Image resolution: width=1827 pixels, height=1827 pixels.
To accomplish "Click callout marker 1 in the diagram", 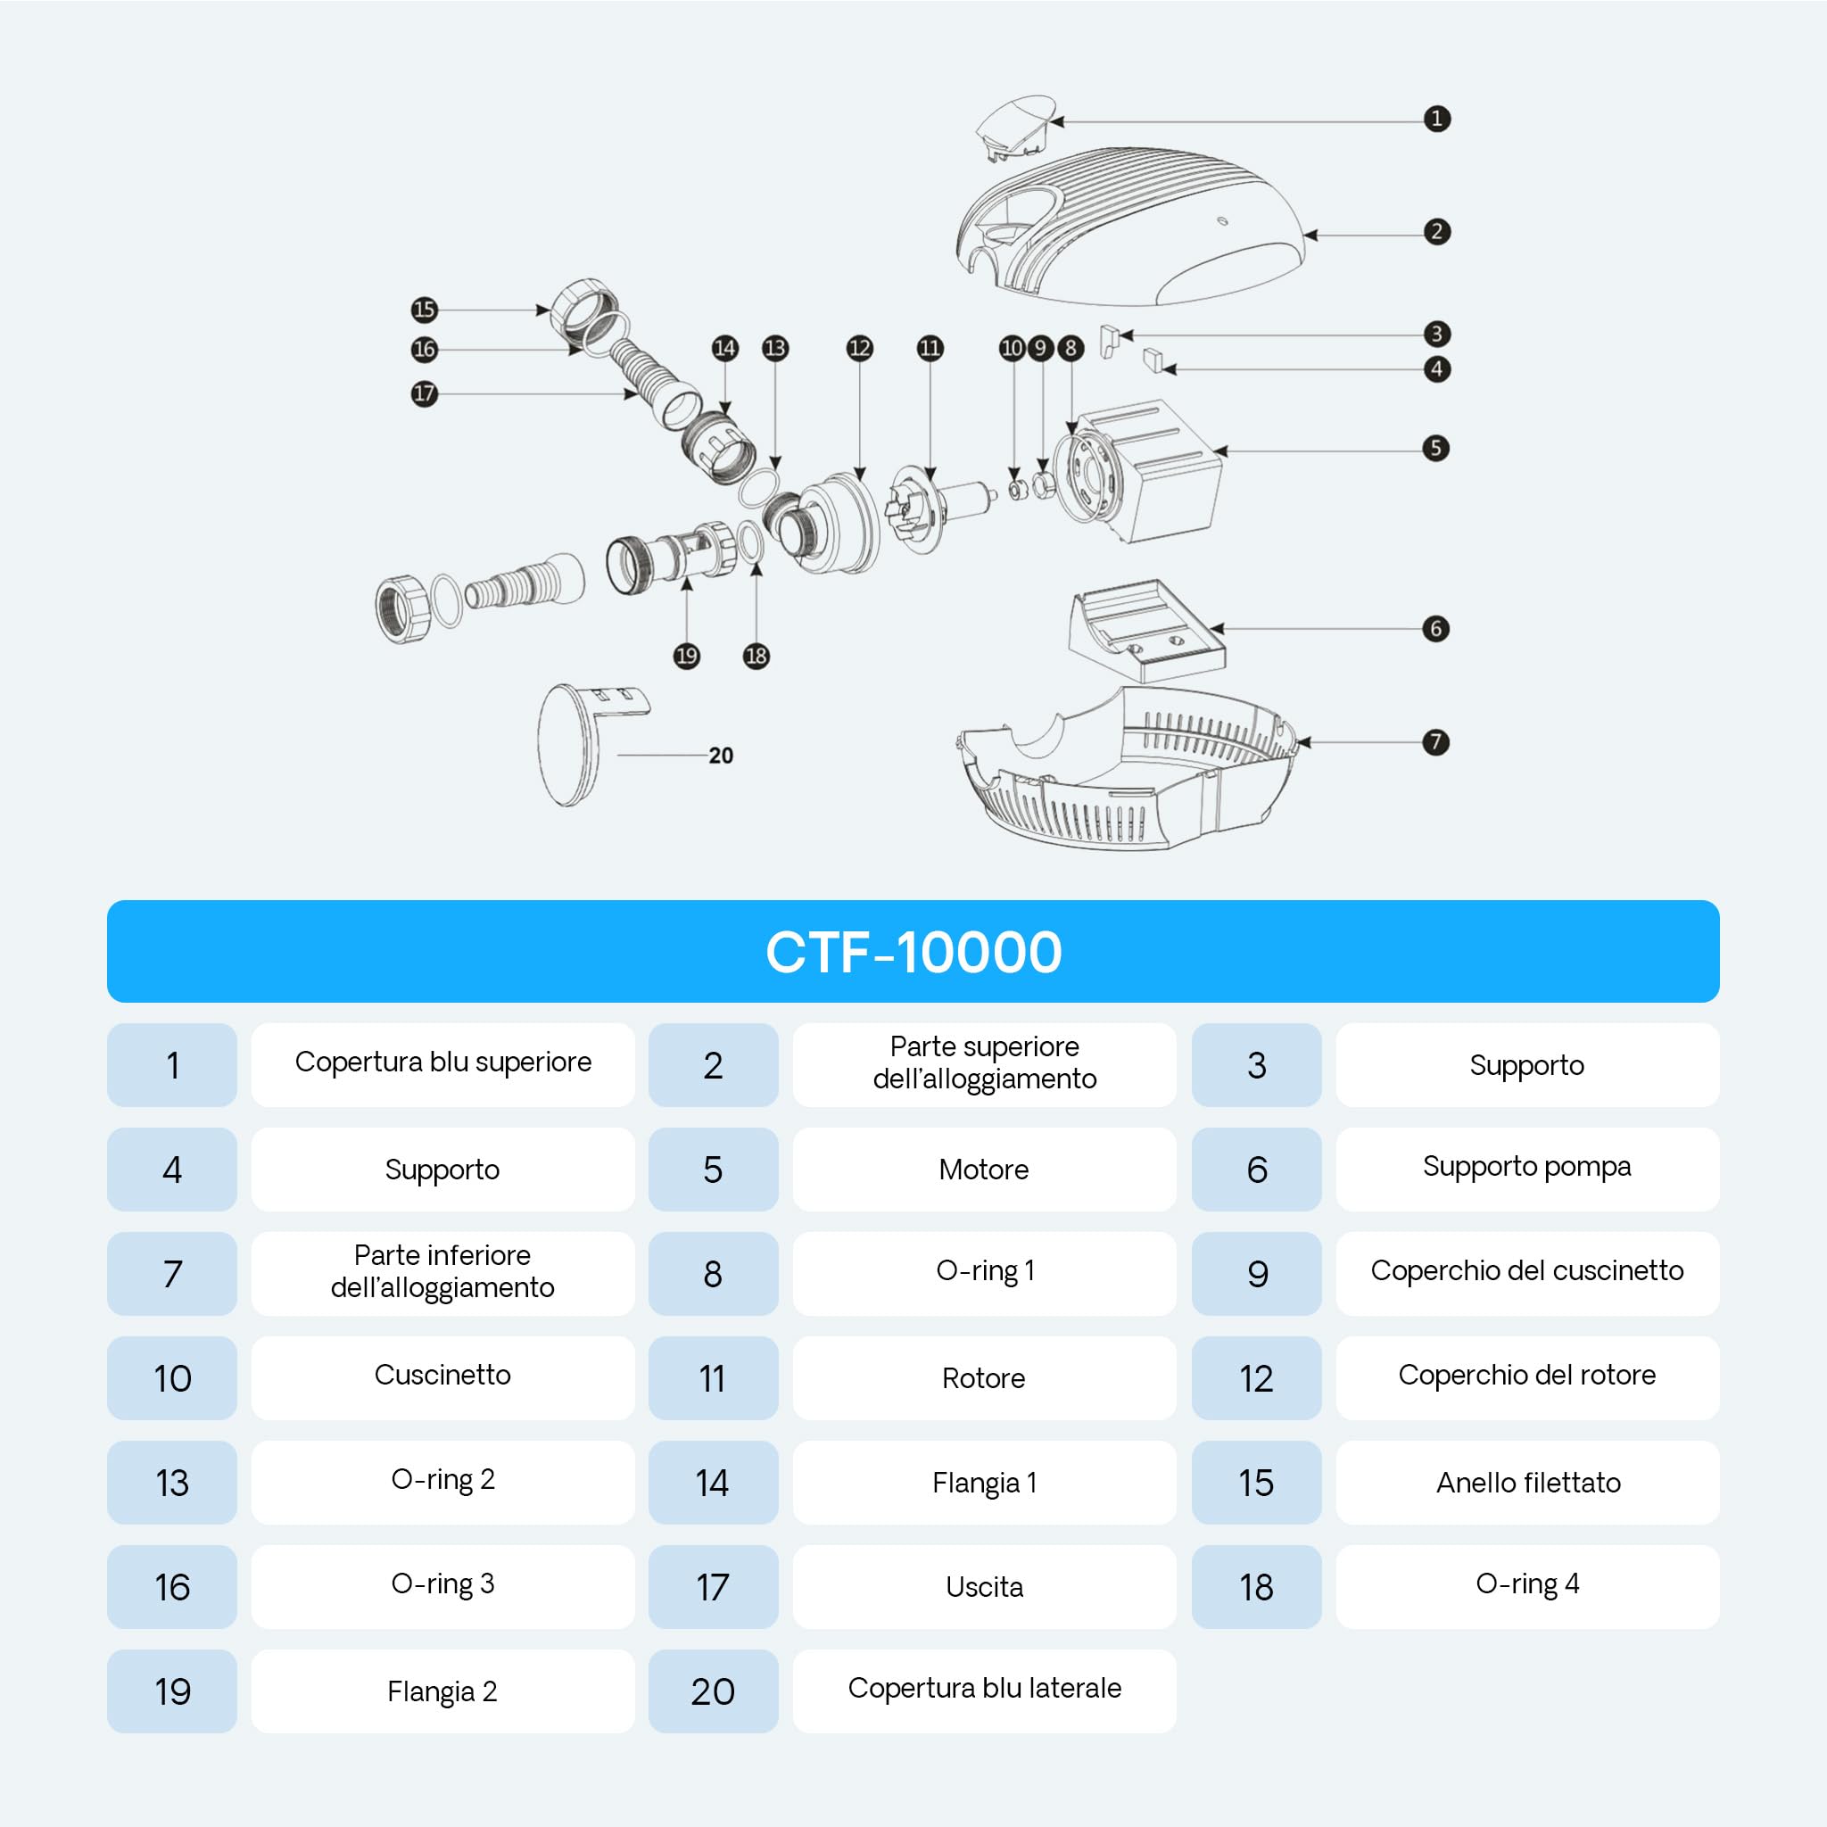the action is click(x=1436, y=120).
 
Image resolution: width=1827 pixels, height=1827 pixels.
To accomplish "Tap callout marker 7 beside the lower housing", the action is click(x=1435, y=742).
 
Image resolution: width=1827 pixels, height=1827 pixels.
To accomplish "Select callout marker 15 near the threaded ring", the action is click(x=425, y=310).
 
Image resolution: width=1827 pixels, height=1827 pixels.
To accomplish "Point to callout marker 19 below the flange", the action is click(x=687, y=656).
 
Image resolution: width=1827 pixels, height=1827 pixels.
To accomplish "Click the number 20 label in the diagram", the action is click(x=721, y=756).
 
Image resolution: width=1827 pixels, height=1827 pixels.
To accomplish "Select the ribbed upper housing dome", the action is click(x=1130, y=227).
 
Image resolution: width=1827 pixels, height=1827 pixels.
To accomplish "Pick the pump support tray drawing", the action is click(x=1147, y=631).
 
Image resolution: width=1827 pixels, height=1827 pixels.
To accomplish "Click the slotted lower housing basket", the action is click(x=1125, y=771).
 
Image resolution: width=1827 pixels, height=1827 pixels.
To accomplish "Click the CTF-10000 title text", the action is click(x=913, y=951).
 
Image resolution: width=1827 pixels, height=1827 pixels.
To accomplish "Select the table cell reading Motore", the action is click(x=985, y=1169).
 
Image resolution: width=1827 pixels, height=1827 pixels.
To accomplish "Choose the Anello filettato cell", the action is click(x=1527, y=1482).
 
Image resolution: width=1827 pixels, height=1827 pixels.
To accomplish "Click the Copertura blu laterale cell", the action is click(x=985, y=1691).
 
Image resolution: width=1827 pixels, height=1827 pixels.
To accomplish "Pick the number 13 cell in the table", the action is click(x=172, y=1482).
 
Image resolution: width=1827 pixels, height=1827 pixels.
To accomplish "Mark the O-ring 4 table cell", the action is click(x=1527, y=1587).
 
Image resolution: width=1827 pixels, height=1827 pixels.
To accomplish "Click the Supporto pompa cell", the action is click(x=1527, y=1169).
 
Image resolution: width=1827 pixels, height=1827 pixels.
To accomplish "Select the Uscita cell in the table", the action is click(x=985, y=1587).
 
